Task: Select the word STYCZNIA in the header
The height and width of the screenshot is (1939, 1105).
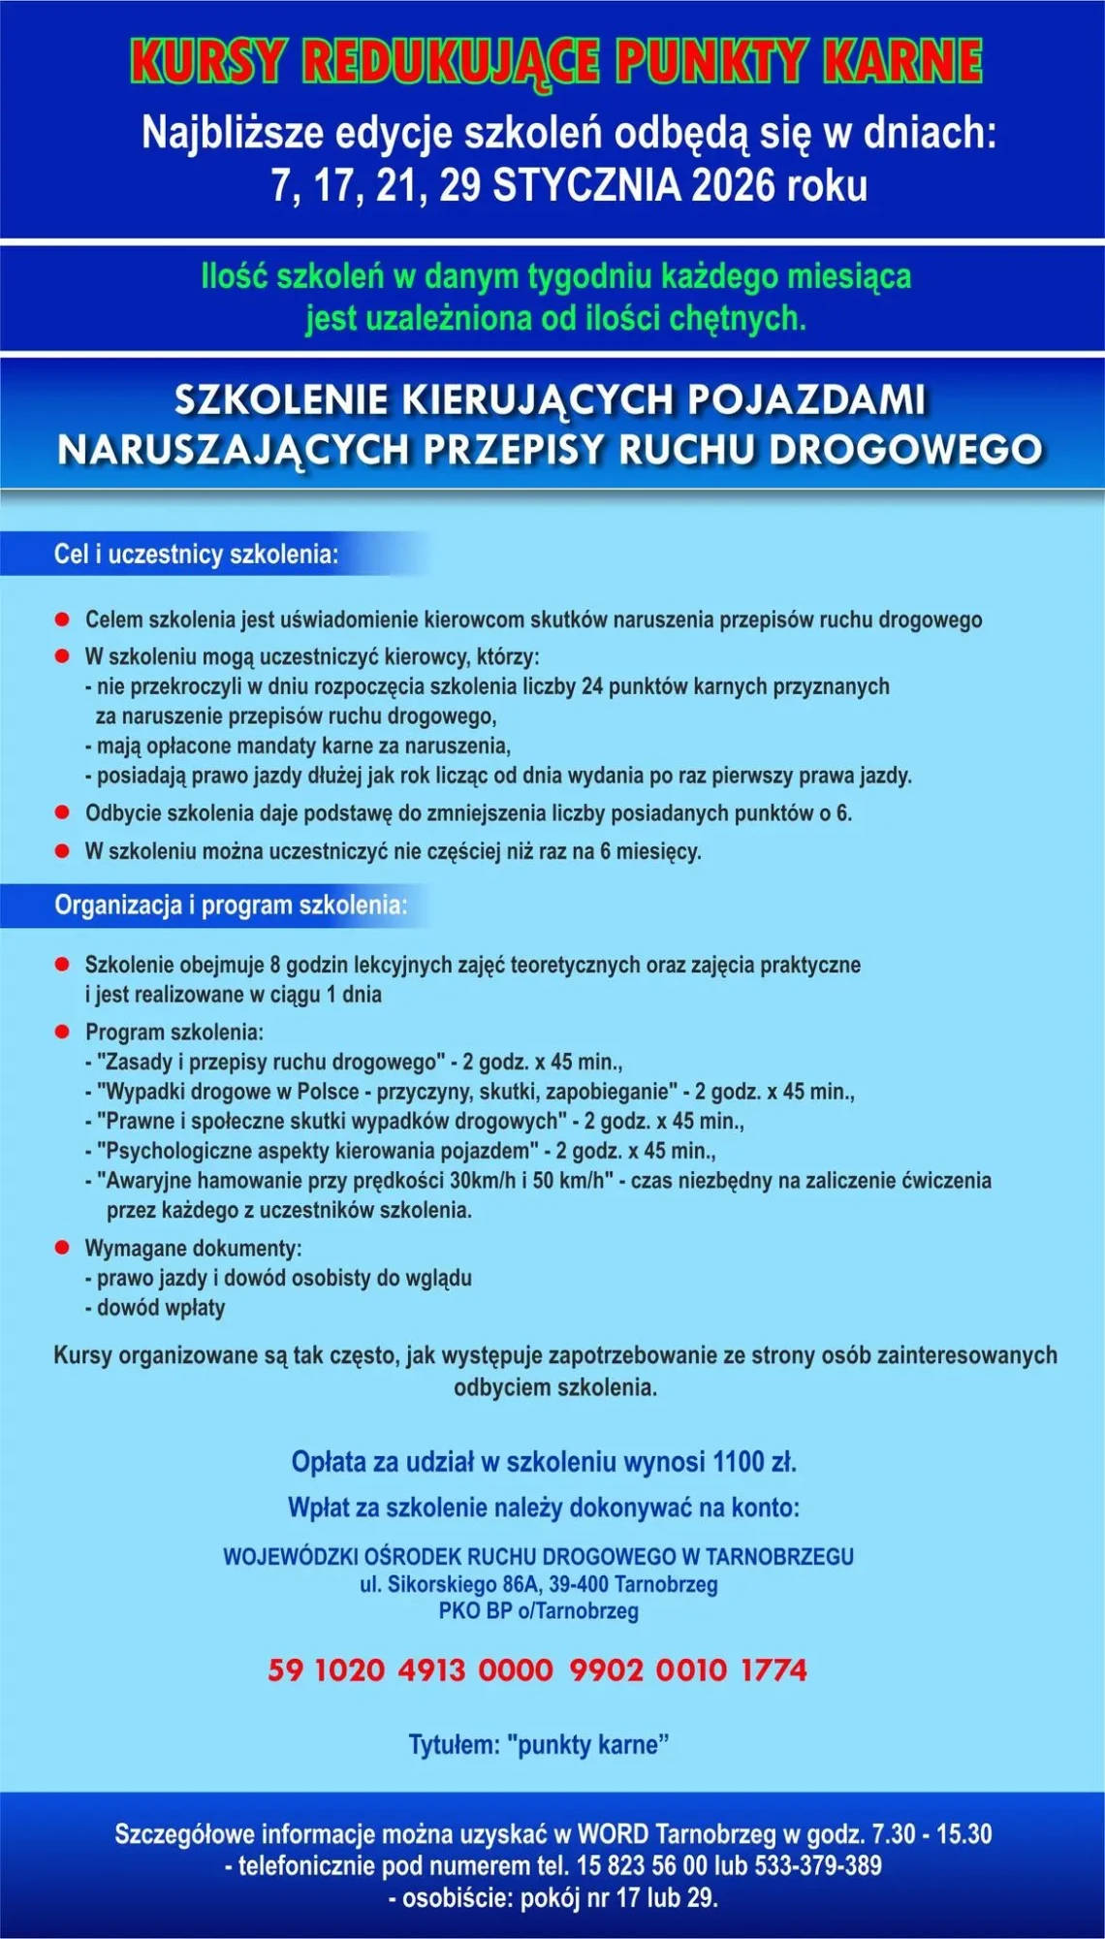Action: [585, 185]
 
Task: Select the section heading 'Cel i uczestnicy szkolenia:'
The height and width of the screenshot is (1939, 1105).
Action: [196, 555]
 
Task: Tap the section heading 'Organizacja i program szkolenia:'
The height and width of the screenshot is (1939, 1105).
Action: [231, 905]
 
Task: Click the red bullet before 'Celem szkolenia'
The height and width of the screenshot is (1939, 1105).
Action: [63, 619]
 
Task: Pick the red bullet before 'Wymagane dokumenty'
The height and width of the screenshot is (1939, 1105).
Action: [63, 1247]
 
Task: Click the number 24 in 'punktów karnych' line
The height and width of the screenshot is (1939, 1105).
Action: [592, 686]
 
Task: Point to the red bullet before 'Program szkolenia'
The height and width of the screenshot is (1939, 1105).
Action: [63, 1031]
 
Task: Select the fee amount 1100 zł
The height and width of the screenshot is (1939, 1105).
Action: [754, 1461]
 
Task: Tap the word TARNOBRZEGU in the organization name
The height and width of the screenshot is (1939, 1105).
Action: [780, 1556]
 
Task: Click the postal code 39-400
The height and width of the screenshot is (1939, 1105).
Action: [579, 1584]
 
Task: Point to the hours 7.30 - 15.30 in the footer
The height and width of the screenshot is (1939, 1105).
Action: [931, 1833]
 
